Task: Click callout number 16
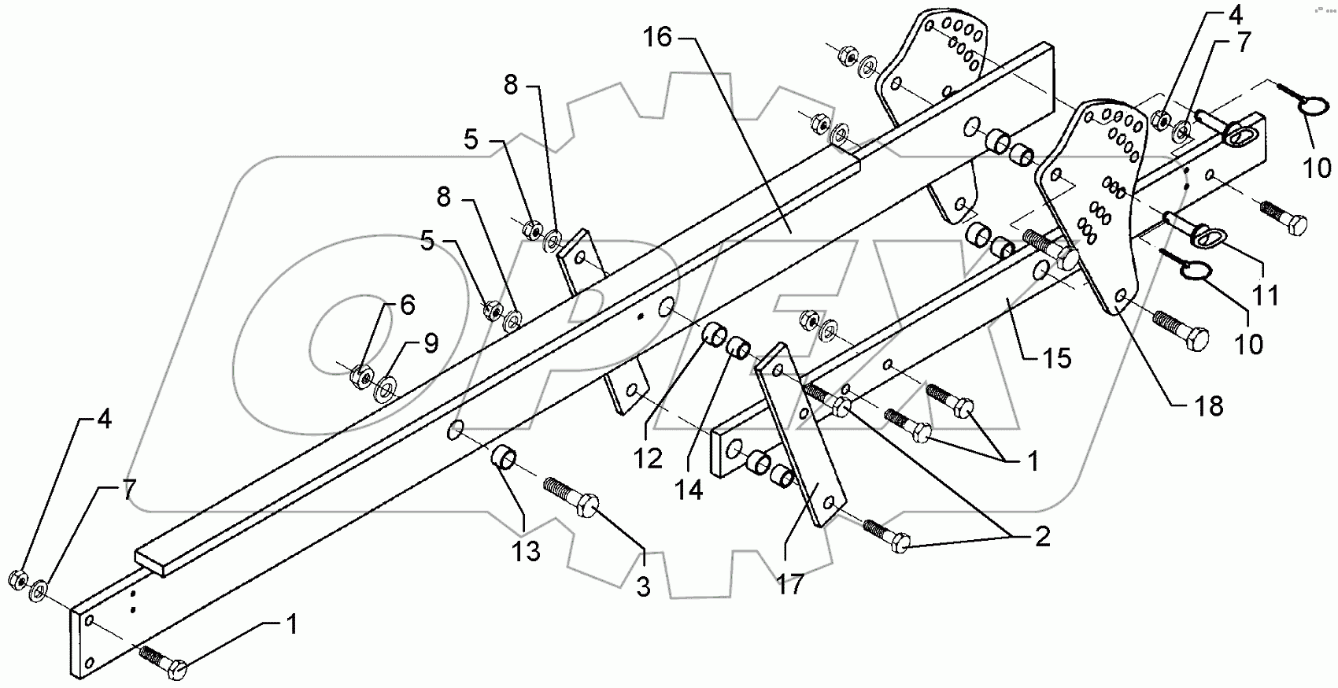click(659, 36)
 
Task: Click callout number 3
click(644, 587)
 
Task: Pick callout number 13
click(526, 552)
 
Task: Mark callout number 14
click(689, 490)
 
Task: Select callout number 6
click(407, 305)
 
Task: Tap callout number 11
click(1266, 295)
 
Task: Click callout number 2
click(1043, 537)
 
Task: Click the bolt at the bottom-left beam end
click(163, 662)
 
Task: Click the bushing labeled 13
click(504, 457)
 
